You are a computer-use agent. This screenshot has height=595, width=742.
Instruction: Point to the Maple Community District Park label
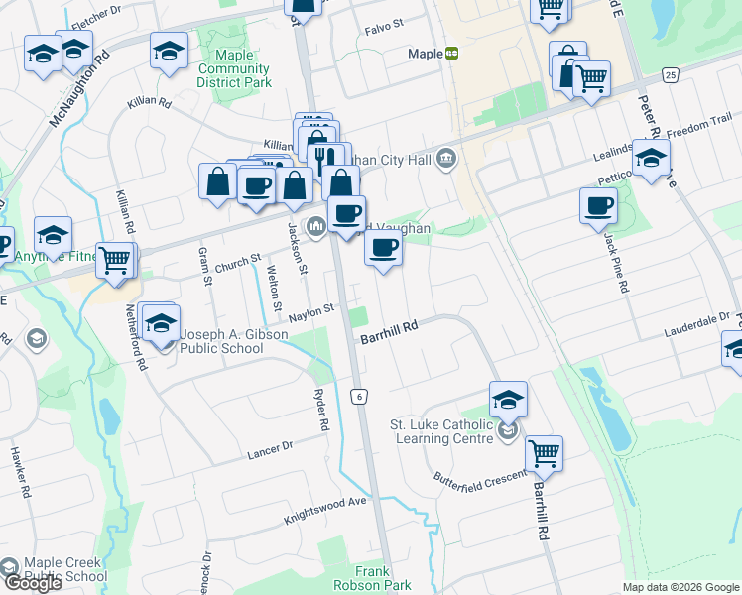coord(234,69)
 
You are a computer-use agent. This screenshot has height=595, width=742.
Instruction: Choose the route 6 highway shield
coord(359,396)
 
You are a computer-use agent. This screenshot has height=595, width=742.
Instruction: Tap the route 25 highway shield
coord(672,75)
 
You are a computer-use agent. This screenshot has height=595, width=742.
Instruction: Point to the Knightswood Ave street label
coord(325,509)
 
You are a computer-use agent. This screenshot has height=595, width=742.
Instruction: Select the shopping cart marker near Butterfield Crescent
coord(544,454)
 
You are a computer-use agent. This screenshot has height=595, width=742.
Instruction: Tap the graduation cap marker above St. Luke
coord(508,399)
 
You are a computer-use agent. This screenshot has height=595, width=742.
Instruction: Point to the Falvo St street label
coord(385,22)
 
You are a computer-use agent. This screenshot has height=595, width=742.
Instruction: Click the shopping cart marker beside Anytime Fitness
coord(115,261)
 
